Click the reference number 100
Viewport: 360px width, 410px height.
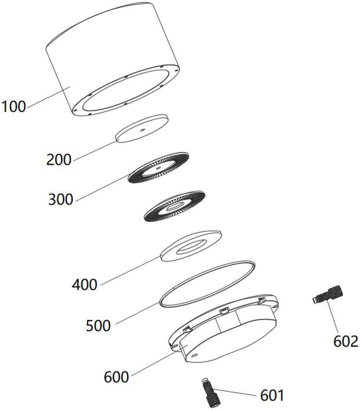click(14, 107)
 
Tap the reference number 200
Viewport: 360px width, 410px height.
click(59, 159)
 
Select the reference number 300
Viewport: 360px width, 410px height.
click(61, 200)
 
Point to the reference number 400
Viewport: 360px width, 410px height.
click(85, 285)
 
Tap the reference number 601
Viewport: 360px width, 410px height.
click(272, 395)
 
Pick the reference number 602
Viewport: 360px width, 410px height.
click(346, 341)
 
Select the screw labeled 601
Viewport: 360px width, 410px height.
click(211, 396)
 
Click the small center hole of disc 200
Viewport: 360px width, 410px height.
click(142, 130)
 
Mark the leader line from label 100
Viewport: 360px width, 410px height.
click(49, 97)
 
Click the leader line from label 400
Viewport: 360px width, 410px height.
click(131, 270)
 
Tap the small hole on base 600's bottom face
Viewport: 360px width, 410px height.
click(195, 355)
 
